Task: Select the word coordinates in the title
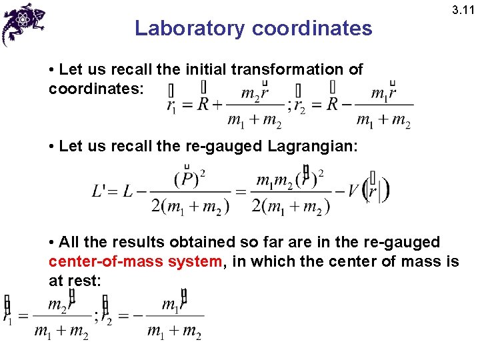tap(312, 29)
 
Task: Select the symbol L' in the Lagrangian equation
tap(101, 191)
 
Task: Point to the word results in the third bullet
tap(119, 242)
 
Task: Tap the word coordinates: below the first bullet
tap(95, 88)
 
